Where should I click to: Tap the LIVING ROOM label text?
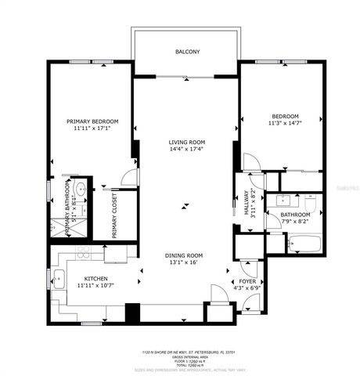pos(186,143)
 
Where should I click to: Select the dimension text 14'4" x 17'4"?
pos(186,150)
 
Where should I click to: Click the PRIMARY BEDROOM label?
pos(92,121)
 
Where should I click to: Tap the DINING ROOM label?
pos(184,255)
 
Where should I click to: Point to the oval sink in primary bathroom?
pos(80,189)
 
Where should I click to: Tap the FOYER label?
pos(247,280)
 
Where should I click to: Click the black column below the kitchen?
pos(133,311)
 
